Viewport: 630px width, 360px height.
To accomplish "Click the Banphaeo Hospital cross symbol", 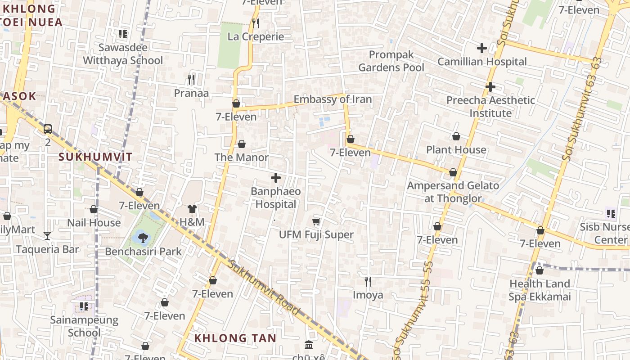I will [x=276, y=178].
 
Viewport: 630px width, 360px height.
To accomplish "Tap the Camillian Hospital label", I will [x=482, y=62].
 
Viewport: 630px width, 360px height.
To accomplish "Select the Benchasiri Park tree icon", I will [x=143, y=237].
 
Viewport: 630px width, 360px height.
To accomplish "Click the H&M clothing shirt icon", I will [x=192, y=209].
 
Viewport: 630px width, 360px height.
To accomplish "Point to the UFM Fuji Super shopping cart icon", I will [x=316, y=221].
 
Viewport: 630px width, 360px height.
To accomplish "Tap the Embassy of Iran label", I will [x=333, y=99].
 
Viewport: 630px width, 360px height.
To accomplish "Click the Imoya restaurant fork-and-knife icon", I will [x=368, y=282].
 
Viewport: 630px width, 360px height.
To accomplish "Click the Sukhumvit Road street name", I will [x=263, y=288].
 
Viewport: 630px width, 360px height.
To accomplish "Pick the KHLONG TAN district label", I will [x=235, y=338].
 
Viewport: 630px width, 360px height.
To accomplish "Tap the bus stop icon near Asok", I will [x=48, y=129].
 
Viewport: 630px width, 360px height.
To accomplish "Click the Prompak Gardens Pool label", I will [x=391, y=61].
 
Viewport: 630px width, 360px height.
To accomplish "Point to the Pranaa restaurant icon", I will [x=191, y=80].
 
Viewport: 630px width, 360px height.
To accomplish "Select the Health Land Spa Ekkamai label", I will [x=540, y=290].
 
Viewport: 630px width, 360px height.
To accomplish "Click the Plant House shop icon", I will [x=456, y=136].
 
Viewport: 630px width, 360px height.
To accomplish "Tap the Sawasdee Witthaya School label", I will [x=123, y=54].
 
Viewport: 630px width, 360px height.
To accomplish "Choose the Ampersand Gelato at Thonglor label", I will [x=453, y=192].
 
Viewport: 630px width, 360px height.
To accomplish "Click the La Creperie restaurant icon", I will [x=256, y=23].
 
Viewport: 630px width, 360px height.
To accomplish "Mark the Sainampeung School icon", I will [x=84, y=307].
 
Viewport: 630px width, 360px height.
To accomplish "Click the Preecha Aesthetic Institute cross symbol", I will [x=490, y=87].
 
